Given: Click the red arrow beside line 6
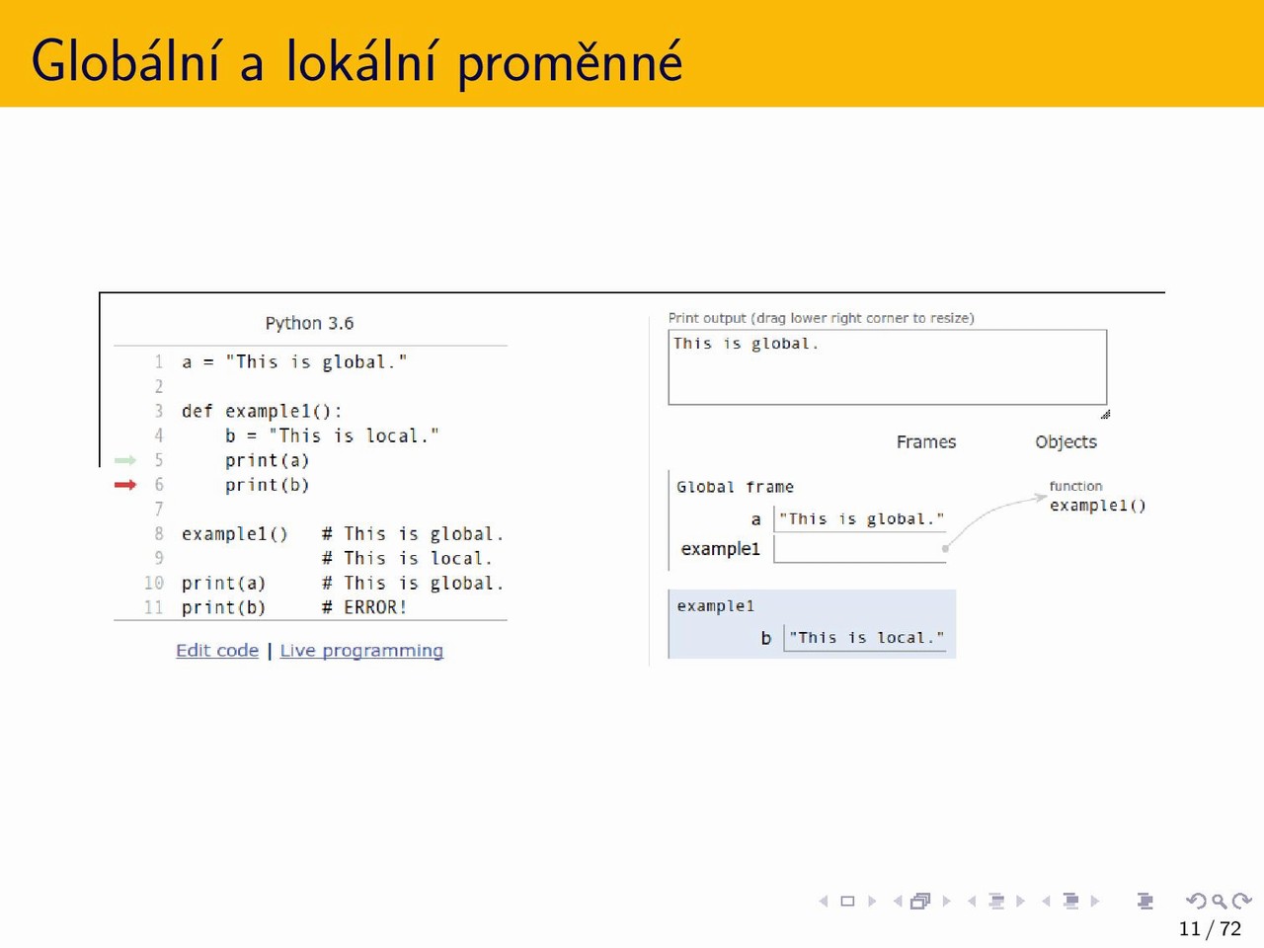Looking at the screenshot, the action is pyautogui.click(x=125, y=485).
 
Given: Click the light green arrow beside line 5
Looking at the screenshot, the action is pyautogui.click(x=125, y=460).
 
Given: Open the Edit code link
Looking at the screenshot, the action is pyautogui.click(x=217, y=651).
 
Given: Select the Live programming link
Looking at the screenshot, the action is pyautogui.click(x=361, y=651).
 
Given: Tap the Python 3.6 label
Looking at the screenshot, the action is pyautogui.click(x=309, y=323).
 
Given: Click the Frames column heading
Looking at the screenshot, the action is pyautogui.click(x=926, y=441).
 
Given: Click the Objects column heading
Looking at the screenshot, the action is pyautogui.click(x=1066, y=442).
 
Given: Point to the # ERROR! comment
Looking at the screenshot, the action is pyautogui.click(x=364, y=607).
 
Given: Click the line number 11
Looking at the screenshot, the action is pyautogui.click(x=154, y=607).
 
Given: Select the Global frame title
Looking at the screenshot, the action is pyautogui.click(x=735, y=487).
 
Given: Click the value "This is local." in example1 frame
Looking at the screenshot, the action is pyautogui.click(x=866, y=638).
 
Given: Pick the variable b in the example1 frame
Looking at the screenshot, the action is pyautogui.click(x=766, y=638).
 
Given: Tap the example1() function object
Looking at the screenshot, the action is pyautogui.click(x=1097, y=506).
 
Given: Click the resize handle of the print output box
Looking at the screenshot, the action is pyautogui.click(x=1105, y=414).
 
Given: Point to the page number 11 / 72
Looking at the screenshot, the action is pyautogui.click(x=1210, y=928).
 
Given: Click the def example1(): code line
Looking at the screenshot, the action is pyautogui.click(x=262, y=411).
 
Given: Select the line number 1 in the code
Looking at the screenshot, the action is pyautogui.click(x=158, y=362).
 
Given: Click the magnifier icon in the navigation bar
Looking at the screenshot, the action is pyautogui.click(x=1219, y=901).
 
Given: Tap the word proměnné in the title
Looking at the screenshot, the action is pyautogui.click(x=570, y=62).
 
